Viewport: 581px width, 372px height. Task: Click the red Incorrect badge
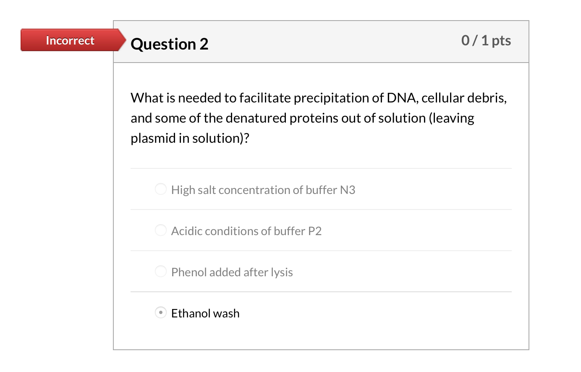click(71, 40)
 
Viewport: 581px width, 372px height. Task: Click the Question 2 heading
click(169, 44)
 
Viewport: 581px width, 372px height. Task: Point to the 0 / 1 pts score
click(486, 40)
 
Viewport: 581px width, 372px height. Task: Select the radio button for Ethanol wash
click(161, 313)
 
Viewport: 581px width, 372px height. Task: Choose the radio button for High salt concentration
click(161, 189)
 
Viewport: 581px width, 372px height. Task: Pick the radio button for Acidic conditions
click(161, 231)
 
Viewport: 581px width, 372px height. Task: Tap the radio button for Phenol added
click(161, 272)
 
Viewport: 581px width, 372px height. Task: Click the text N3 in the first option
click(348, 190)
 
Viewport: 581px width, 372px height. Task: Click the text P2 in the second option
click(315, 231)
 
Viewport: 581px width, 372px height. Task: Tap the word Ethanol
click(191, 314)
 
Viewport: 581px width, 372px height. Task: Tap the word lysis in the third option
click(282, 273)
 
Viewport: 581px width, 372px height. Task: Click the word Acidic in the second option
click(186, 231)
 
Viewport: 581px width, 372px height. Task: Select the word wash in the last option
click(226, 314)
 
